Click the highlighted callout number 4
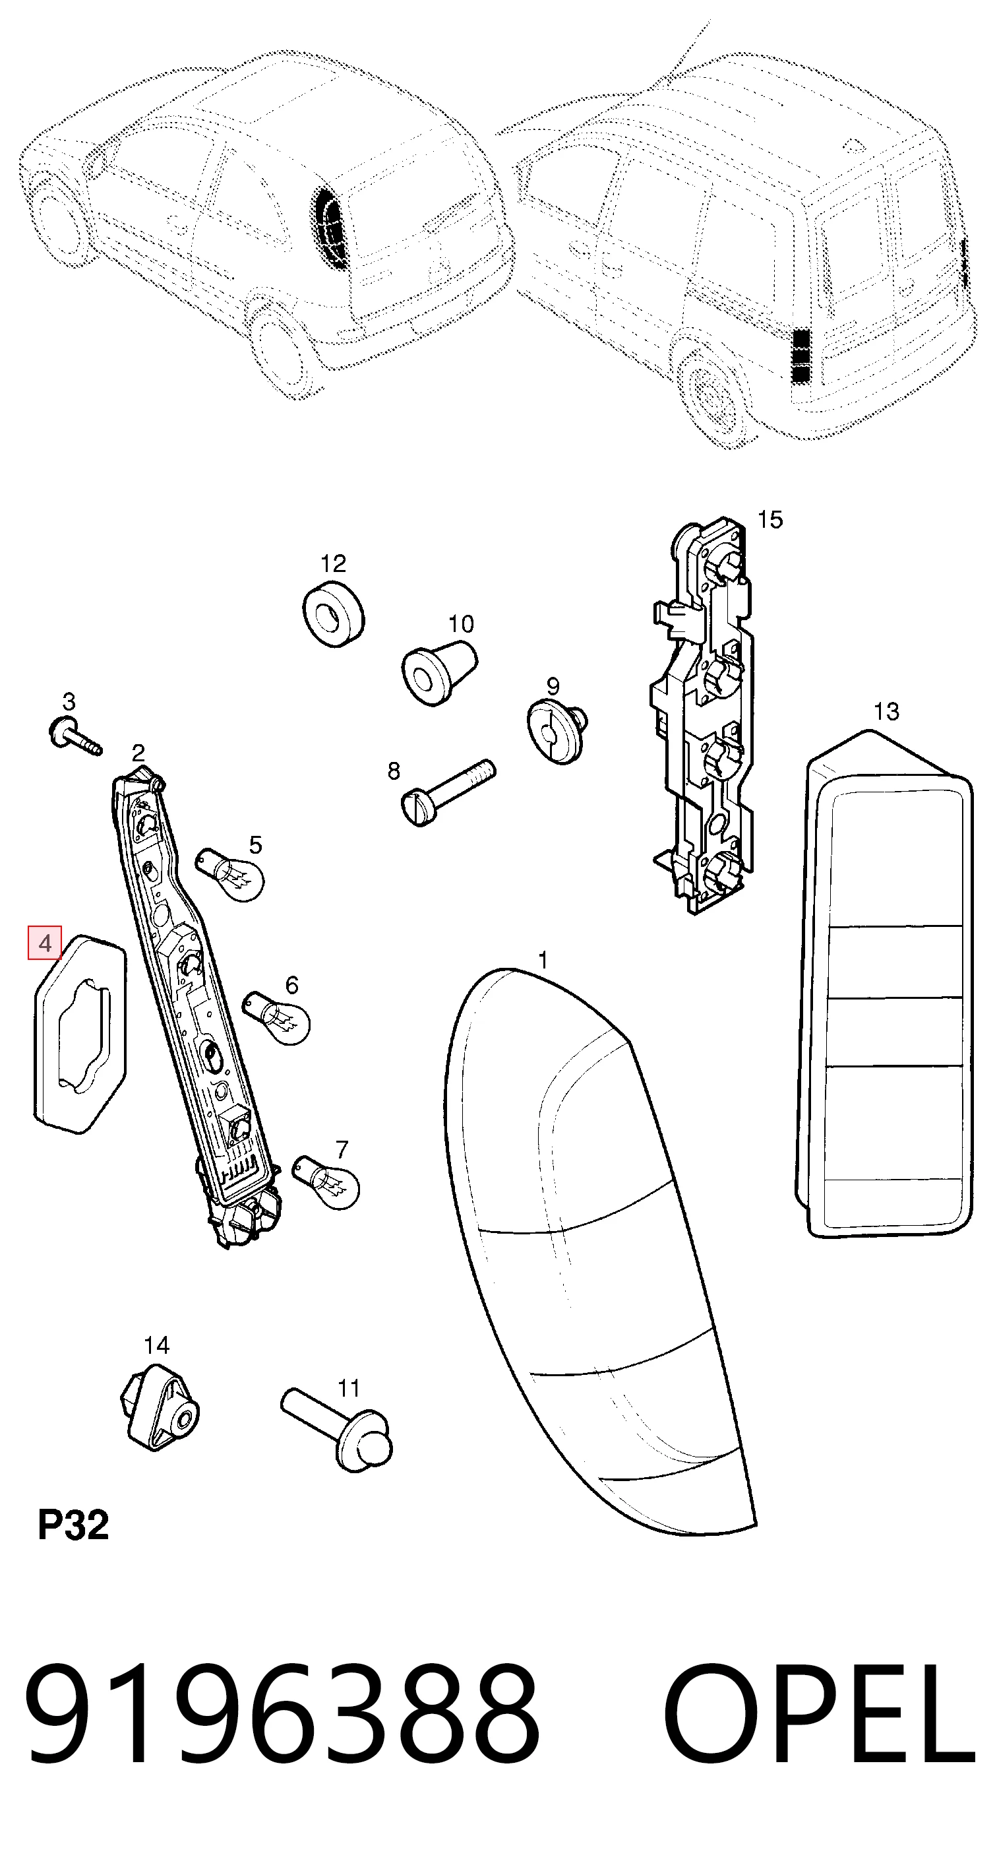45,943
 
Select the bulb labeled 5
229,875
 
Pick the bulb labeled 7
325,1182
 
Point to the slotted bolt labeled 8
447,792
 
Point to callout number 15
770,520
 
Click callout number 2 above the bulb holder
138,753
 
